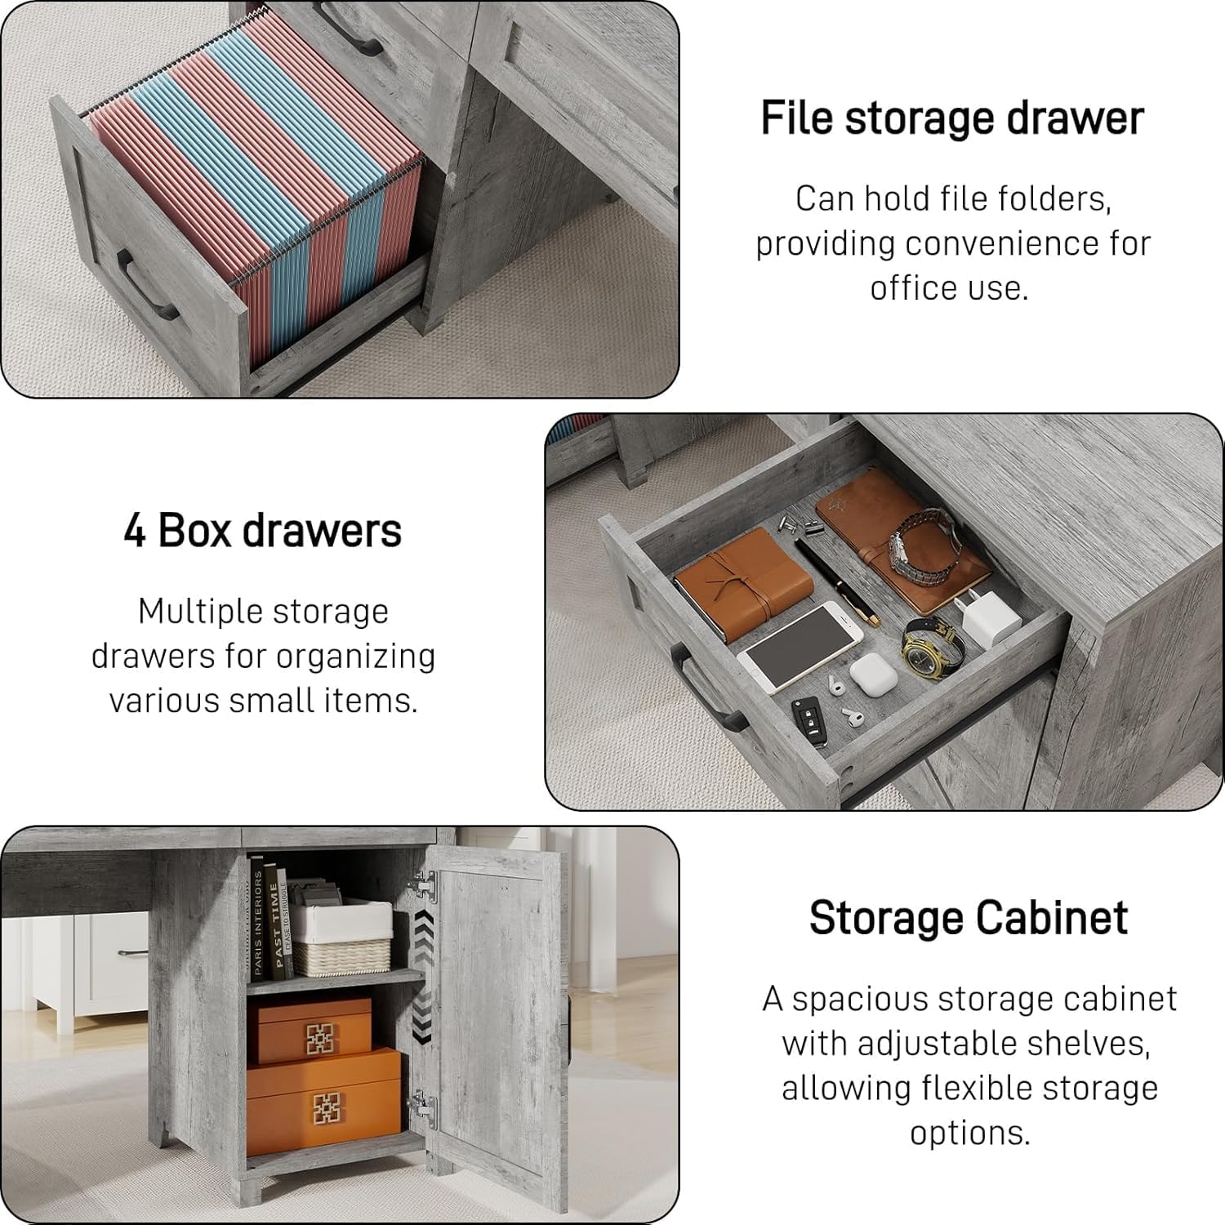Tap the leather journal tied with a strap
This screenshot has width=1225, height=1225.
[742, 581]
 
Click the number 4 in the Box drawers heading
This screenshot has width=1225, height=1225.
[135, 531]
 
